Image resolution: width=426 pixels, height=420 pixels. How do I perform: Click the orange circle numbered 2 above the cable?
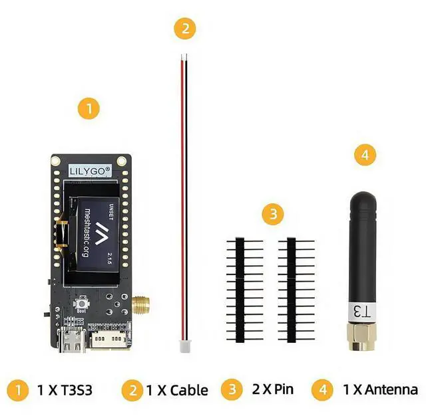pos(185,29)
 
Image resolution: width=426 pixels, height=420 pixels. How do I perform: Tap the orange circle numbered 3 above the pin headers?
pos(273,214)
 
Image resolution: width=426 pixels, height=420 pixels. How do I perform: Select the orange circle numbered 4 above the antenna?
pos(364,156)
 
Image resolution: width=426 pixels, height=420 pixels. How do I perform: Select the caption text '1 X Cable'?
pos(177,390)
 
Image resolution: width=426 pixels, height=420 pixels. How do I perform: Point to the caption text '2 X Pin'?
pos(270,389)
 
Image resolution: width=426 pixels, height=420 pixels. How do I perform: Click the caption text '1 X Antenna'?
pos(380,389)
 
